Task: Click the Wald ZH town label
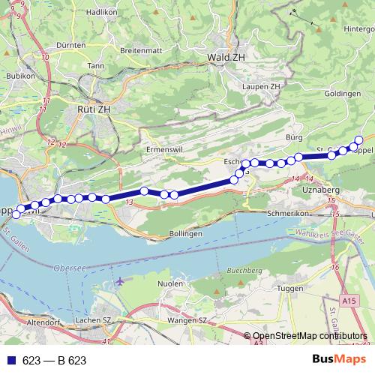click(228, 56)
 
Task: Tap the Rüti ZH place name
click(94, 109)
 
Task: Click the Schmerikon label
click(288, 213)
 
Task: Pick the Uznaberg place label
click(320, 190)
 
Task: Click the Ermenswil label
click(165, 149)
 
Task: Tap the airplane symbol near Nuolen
click(121, 282)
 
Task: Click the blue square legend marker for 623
click(11, 361)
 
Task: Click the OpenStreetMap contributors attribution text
click(310, 336)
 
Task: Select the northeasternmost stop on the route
click(358, 139)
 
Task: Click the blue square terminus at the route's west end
click(16, 214)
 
